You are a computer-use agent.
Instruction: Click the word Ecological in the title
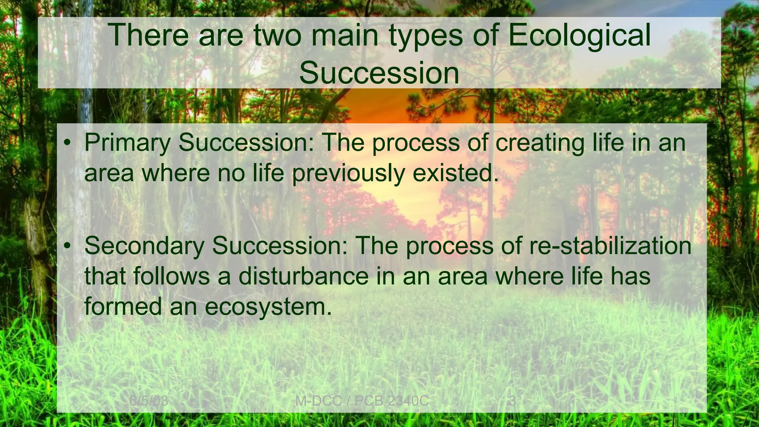[x=579, y=36]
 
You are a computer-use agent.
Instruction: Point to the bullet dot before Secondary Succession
[x=67, y=246]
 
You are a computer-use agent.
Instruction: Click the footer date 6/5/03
[x=149, y=401]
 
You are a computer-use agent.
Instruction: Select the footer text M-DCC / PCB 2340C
[x=362, y=401]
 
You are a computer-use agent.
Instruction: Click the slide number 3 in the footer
[x=513, y=401]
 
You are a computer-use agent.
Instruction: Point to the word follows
[x=172, y=276]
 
